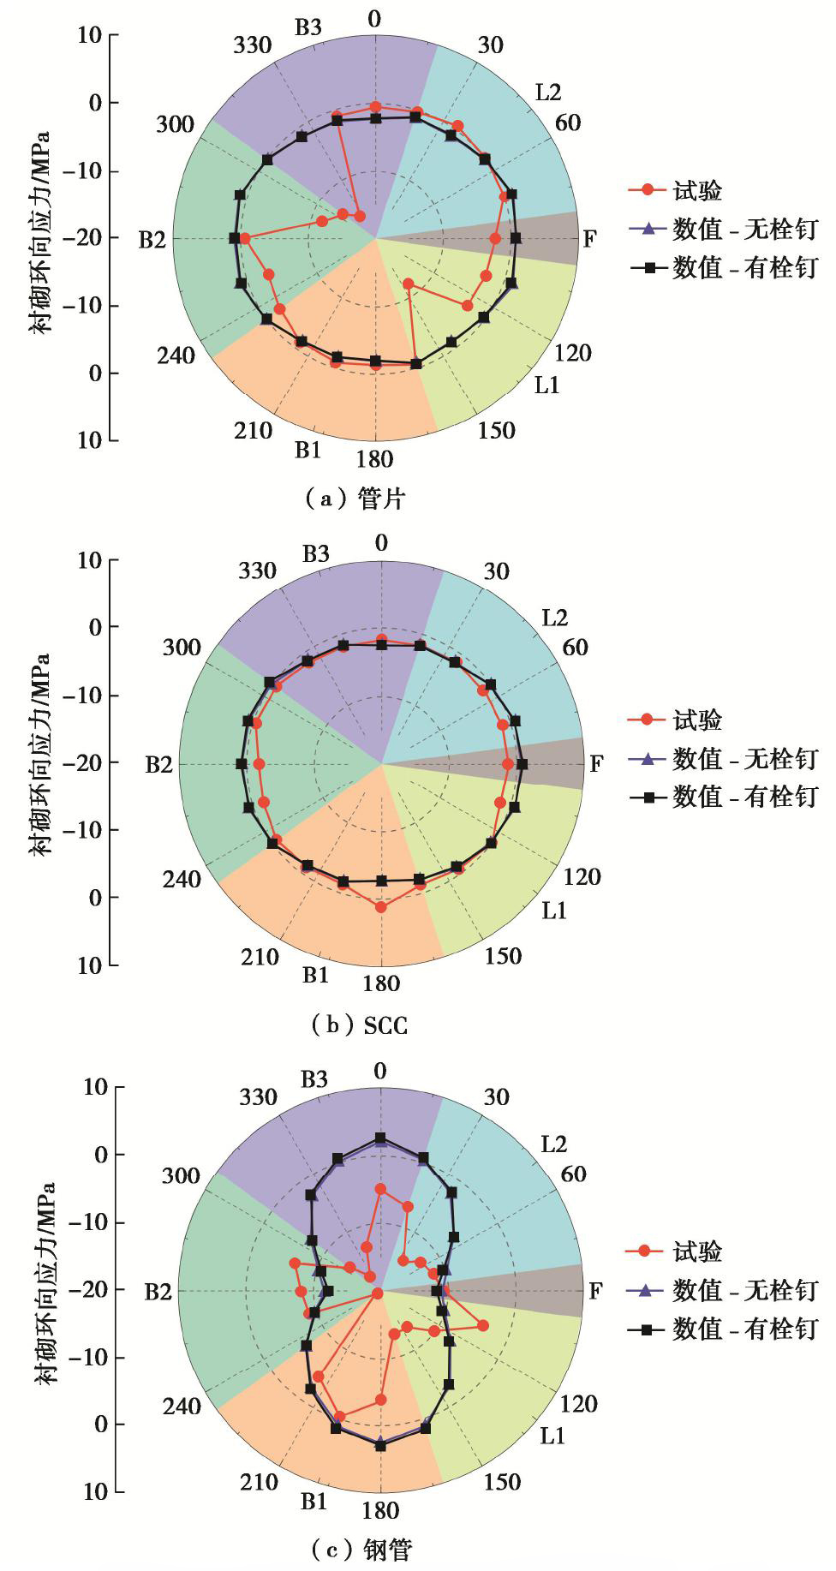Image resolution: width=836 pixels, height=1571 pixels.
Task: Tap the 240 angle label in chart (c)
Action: tap(182, 1406)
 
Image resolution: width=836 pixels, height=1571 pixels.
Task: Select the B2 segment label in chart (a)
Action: tap(152, 239)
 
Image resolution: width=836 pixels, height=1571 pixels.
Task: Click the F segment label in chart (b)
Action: tap(597, 763)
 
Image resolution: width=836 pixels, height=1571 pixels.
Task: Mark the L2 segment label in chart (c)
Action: tap(554, 1144)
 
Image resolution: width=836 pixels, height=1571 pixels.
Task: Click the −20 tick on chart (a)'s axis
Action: tap(84, 238)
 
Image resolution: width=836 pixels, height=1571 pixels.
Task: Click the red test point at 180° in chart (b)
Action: tap(381, 906)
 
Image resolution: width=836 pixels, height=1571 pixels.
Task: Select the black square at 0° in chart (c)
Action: tap(380, 1138)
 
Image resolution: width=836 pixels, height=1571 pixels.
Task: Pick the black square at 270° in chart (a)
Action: tap(234, 238)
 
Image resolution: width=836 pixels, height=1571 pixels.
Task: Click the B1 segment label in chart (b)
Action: tap(315, 975)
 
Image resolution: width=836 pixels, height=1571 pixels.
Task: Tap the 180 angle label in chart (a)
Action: tap(375, 459)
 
